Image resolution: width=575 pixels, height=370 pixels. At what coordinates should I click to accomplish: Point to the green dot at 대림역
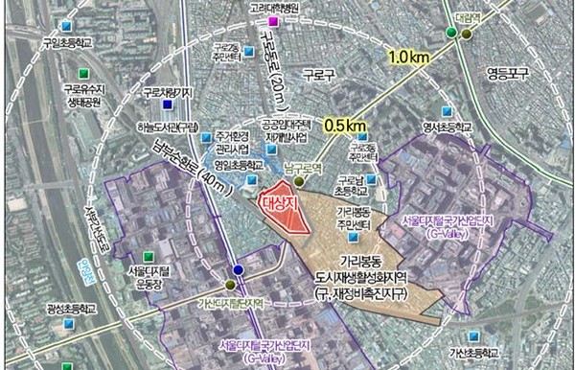pos(450,34)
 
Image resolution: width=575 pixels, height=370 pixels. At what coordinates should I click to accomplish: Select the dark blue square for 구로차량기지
pos(168,104)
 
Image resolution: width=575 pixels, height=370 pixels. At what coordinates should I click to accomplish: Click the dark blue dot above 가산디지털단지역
pos(239,271)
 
